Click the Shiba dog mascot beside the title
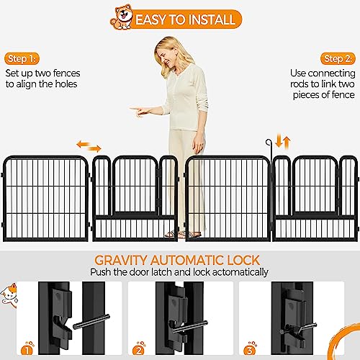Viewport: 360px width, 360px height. [122, 17]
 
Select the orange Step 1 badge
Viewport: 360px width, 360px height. [22, 59]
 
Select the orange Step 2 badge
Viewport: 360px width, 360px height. [338, 59]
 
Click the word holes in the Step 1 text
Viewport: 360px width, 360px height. [66, 84]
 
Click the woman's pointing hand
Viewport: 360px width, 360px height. [140, 110]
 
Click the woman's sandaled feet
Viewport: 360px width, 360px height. [183, 234]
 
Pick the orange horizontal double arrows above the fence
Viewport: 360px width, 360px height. [89, 147]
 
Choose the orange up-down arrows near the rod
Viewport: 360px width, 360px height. [283, 142]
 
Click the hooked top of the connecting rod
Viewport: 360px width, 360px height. [268, 143]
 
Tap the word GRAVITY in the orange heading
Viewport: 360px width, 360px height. [120, 260]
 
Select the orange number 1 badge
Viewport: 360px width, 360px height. [27, 349]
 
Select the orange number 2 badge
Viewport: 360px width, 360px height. [139, 349]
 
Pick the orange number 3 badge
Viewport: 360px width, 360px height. [250, 349]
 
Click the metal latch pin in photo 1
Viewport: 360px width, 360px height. [91, 322]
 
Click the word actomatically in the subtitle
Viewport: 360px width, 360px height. [240, 272]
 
